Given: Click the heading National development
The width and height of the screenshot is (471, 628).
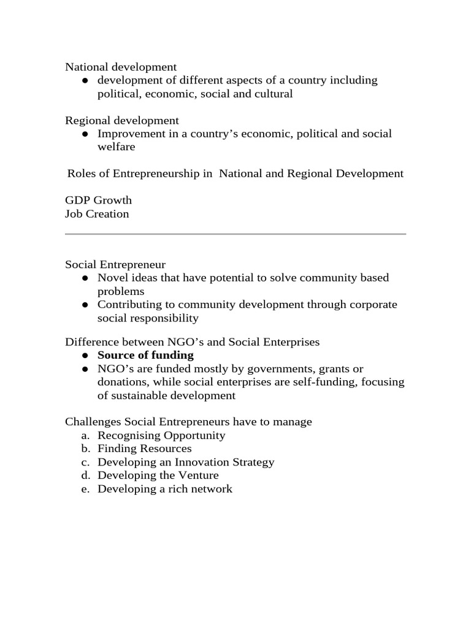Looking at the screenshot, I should click(121, 67).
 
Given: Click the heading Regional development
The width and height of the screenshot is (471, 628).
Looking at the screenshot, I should click(122, 120).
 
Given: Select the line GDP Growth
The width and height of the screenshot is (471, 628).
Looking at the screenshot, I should click(98, 201).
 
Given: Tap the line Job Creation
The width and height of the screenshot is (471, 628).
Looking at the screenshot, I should click(97, 214).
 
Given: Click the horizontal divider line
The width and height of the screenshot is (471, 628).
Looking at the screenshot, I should click(235, 234).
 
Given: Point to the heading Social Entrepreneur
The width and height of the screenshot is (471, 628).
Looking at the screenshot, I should click(115, 264).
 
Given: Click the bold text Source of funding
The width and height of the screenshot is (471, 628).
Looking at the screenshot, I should click(145, 355).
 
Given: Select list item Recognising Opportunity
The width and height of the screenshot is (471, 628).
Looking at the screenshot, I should click(161, 435).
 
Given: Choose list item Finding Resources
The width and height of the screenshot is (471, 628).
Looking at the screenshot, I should click(144, 449).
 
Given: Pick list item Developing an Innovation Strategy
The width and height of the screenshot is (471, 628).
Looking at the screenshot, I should click(186, 462).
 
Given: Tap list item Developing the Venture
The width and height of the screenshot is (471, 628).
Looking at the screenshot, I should click(158, 475).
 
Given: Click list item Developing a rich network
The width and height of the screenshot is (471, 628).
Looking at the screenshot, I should click(164, 489).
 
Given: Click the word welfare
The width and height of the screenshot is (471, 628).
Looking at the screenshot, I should click(117, 147).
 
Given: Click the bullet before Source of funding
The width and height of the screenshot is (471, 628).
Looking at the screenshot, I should click(85, 356).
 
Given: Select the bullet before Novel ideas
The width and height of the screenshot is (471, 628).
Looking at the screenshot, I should click(85, 278).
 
